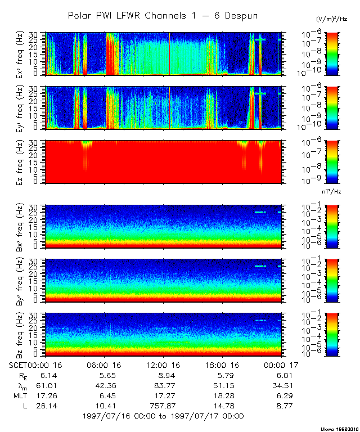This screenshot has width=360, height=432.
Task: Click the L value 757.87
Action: pos(163,406)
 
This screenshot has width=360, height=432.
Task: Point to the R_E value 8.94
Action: pos(163,376)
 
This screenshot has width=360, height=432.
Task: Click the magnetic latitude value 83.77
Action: pos(163,386)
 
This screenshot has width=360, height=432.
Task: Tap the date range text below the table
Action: pos(163,416)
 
